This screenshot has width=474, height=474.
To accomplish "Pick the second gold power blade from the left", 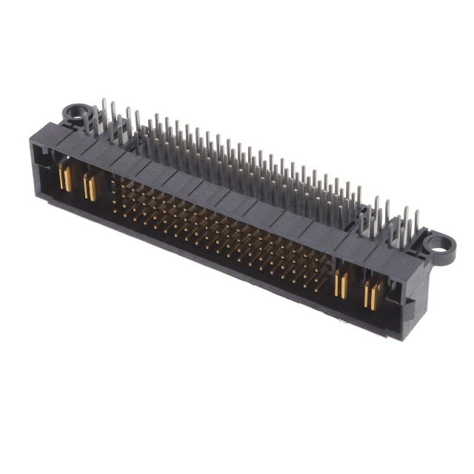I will point(90,187).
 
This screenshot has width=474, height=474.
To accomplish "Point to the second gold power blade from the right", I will point(342,285).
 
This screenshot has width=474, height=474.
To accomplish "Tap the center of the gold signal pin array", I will point(222,230).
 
